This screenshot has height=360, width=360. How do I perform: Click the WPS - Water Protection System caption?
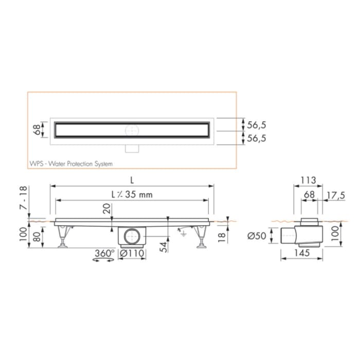(71, 164)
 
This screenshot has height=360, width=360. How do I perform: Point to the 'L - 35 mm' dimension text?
(132, 195)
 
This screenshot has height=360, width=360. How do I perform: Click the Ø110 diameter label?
(132, 254)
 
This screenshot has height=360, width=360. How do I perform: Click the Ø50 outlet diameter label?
(256, 236)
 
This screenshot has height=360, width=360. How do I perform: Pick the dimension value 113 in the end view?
(307, 180)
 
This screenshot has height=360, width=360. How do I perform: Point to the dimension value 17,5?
(337, 195)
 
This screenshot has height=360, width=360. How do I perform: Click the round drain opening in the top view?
(132, 130)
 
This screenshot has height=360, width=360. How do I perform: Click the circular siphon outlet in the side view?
(132, 237)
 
